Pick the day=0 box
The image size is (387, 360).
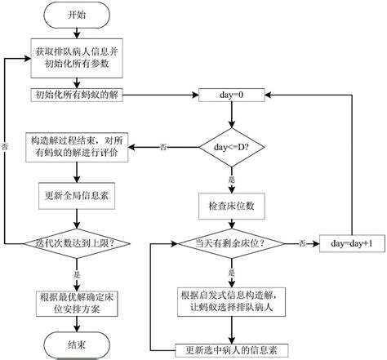(x=233, y=95)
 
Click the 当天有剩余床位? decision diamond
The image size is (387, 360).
(x=233, y=243)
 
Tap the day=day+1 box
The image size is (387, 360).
(x=352, y=243)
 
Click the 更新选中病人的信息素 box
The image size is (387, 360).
(x=233, y=349)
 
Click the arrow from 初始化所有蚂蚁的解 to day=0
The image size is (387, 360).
(x=159, y=95)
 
